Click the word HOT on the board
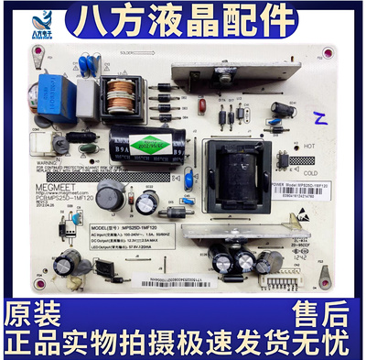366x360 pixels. pos(309,146)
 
